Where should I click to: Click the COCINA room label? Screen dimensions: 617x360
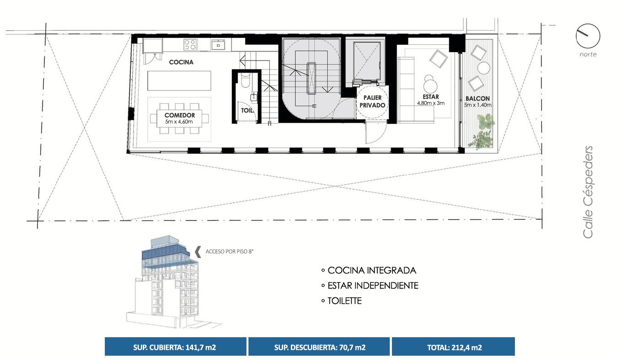(x=181, y=62)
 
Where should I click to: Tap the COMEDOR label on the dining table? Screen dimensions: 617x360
(x=180, y=115)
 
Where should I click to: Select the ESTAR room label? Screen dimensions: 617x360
(x=431, y=97)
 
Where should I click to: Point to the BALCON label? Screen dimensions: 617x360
(x=478, y=98)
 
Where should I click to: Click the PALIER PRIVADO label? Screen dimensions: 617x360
(x=372, y=102)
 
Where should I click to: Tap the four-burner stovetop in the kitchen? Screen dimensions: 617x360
(x=190, y=45)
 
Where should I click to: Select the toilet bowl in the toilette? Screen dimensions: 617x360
(x=245, y=80)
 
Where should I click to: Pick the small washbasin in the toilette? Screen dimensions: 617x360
(x=254, y=97)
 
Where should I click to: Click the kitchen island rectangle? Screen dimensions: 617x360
(x=179, y=81)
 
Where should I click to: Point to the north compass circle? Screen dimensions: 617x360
(x=588, y=36)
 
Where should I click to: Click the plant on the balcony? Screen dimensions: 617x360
(x=484, y=131)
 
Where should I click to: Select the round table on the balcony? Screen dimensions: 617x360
(x=484, y=68)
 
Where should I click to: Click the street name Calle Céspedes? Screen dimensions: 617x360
(x=588, y=192)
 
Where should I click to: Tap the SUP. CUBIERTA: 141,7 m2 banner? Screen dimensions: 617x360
(x=176, y=347)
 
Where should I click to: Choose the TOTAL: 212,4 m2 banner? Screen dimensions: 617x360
(x=453, y=347)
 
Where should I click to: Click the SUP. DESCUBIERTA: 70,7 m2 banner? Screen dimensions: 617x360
(x=319, y=347)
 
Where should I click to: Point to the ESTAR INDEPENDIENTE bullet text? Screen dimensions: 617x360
(x=373, y=285)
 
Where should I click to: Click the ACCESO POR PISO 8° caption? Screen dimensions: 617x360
(x=230, y=252)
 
